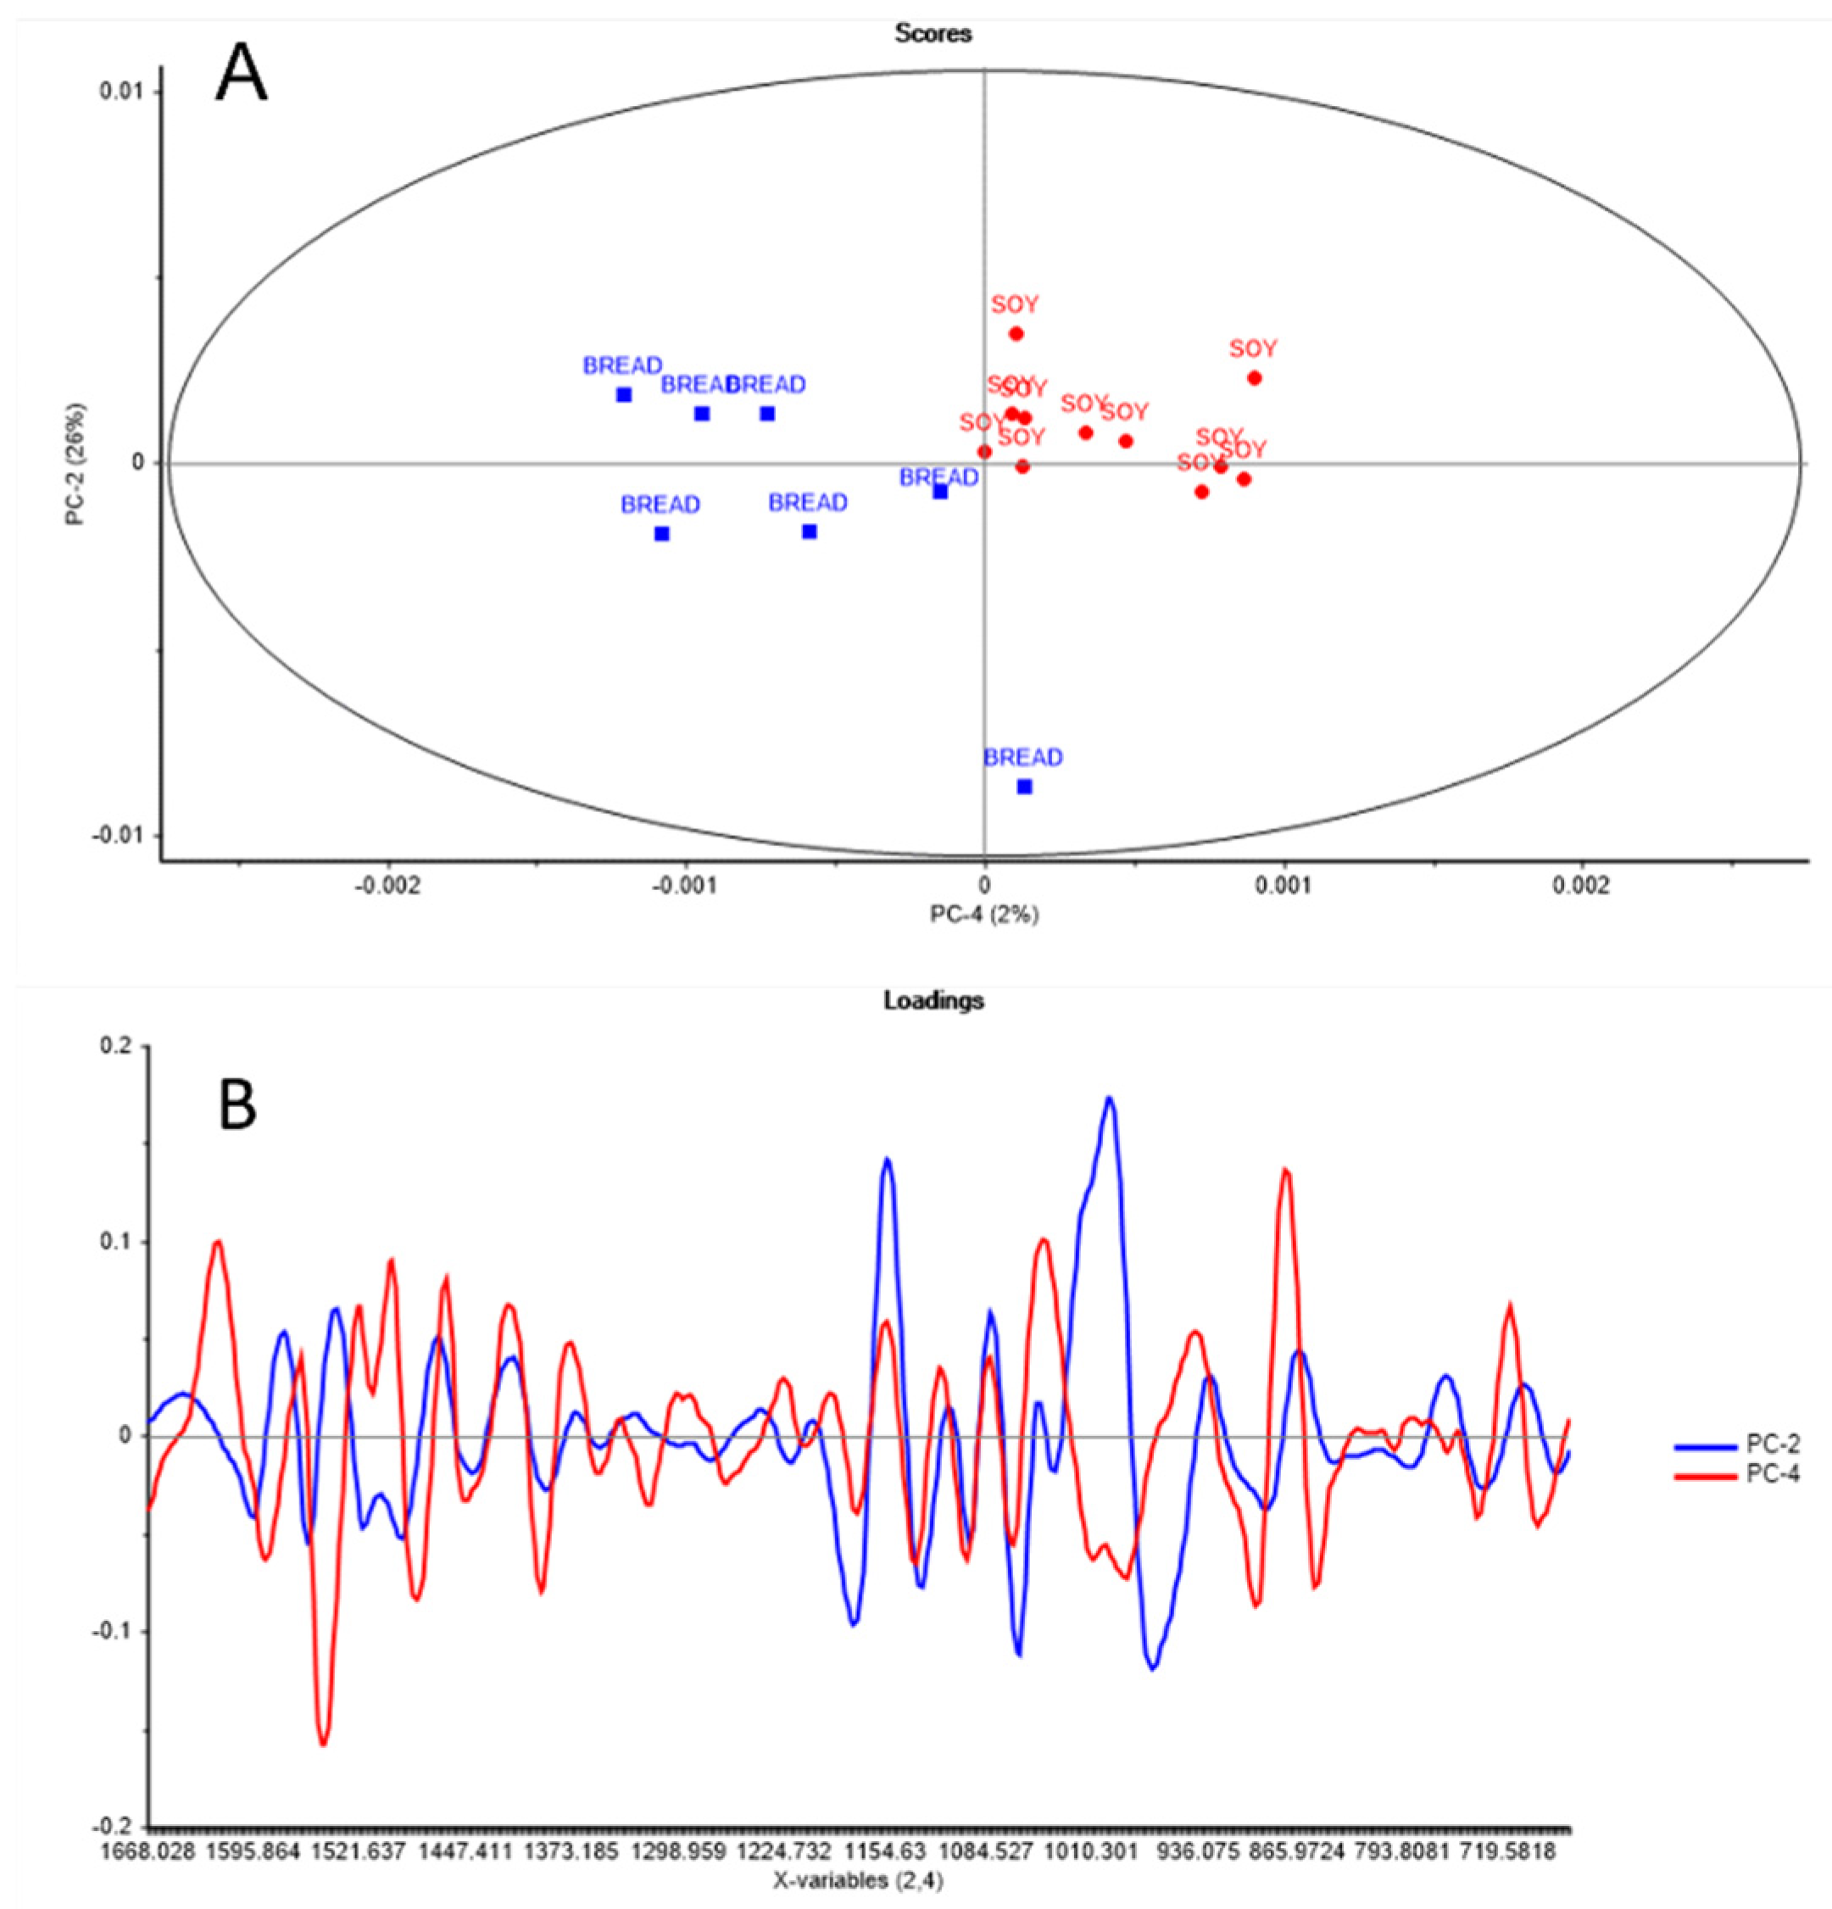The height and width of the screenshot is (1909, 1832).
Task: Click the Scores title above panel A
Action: pyautogui.click(x=932, y=34)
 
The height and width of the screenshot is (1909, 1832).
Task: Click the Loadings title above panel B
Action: pyautogui.click(x=932, y=1000)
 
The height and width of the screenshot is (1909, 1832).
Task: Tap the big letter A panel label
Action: pyautogui.click(x=240, y=75)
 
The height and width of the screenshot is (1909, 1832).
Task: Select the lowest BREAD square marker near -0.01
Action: pyautogui.click(x=1023, y=787)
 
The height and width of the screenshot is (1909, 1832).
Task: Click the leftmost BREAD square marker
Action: pyautogui.click(x=623, y=394)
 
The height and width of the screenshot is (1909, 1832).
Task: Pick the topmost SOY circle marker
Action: pyautogui.click(x=1016, y=333)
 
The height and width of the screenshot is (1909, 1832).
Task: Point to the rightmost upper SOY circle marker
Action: pyautogui.click(x=1254, y=378)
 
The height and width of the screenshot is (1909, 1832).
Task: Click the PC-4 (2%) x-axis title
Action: pyautogui.click(x=983, y=915)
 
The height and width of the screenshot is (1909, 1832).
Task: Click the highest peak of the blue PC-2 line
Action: pyautogui.click(x=1108, y=1099)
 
